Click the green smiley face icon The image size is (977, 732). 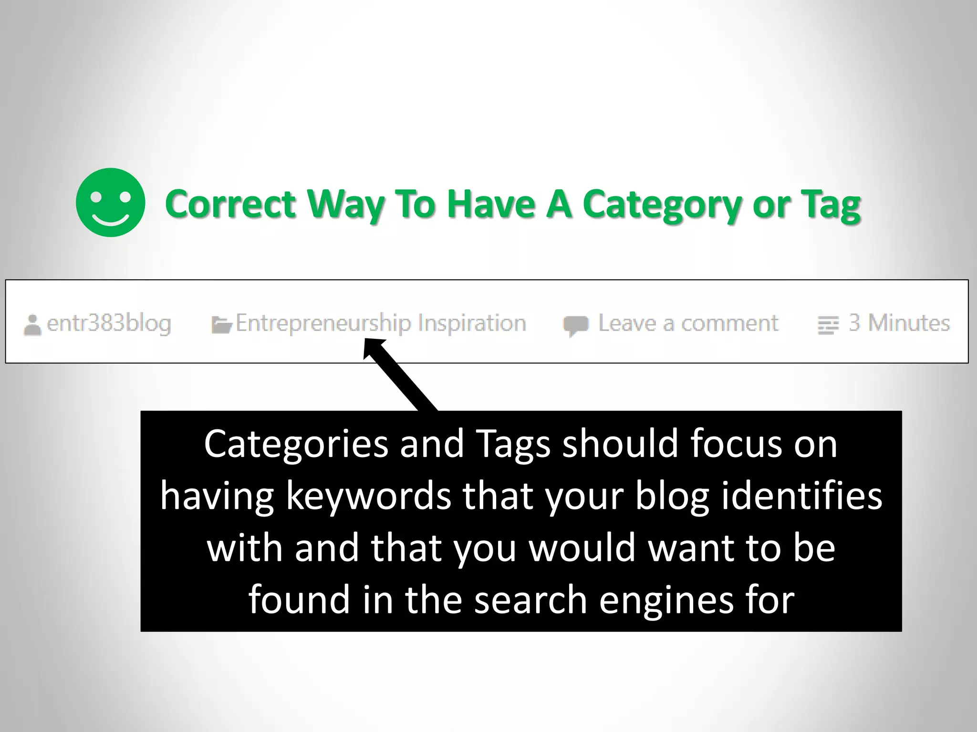point(110,203)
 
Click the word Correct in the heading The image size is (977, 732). point(230,204)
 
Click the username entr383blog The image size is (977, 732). point(109,324)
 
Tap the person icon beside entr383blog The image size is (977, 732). point(32,325)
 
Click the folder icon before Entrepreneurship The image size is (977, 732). point(221,325)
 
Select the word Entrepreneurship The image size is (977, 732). point(323,324)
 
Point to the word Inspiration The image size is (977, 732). point(472,323)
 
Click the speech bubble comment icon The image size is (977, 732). point(575,325)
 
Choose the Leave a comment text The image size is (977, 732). point(688,323)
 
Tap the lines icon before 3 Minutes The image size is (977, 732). point(828,325)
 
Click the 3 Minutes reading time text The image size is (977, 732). point(899,323)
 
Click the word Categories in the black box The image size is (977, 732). point(296,444)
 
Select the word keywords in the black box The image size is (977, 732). point(368,496)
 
